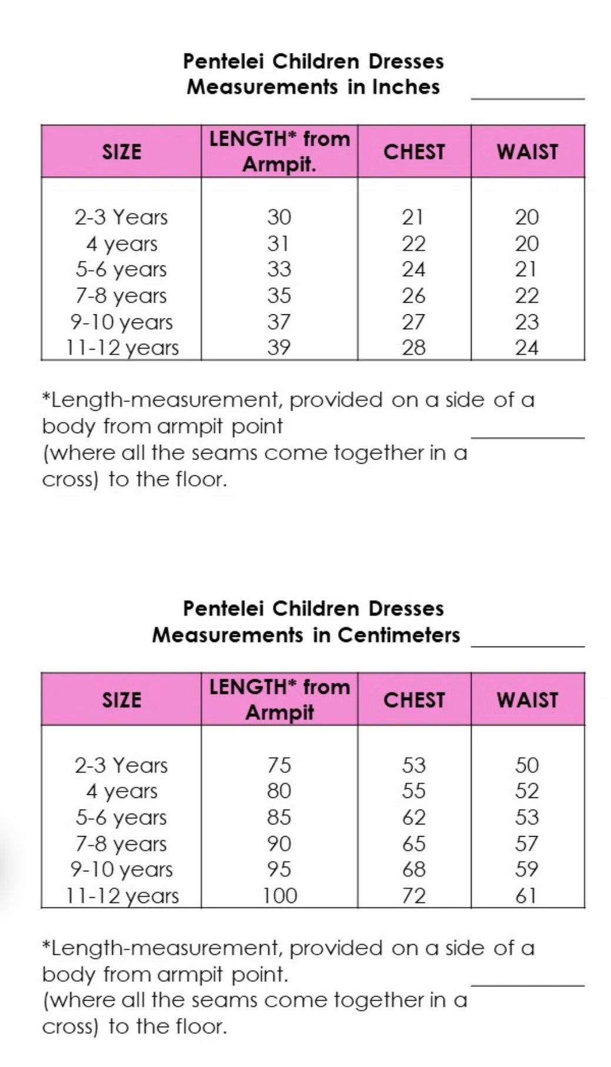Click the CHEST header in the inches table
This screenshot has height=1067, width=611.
414,152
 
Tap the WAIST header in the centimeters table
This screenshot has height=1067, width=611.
527,700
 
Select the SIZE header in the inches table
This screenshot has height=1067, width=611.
122,152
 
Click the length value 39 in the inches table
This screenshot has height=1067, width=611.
279,347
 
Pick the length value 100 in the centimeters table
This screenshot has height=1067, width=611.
280,895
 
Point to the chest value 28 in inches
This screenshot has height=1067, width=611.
413,347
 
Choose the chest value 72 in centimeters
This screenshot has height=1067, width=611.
413,895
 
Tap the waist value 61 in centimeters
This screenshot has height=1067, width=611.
526,895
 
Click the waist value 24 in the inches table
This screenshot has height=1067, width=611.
526,347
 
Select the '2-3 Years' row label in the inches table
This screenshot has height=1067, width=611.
121,217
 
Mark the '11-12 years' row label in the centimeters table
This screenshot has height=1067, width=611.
122,895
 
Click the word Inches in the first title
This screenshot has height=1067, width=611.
406,87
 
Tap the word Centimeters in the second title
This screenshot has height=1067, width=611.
399,635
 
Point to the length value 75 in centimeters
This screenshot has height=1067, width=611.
279,765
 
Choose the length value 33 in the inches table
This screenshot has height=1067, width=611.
279,269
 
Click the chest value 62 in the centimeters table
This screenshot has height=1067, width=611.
413,817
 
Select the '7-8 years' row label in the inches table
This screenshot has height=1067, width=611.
121,296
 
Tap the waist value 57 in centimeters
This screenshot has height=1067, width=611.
526,844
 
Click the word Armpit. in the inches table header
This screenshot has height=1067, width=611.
279,165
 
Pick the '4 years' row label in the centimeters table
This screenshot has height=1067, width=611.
122,791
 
